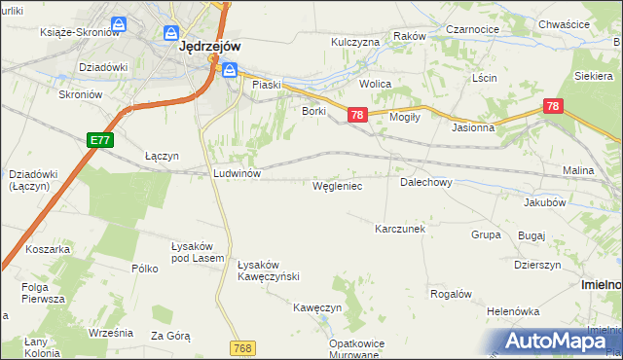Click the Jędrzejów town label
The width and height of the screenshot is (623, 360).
[210, 45]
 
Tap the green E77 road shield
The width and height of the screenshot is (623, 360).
[99, 140]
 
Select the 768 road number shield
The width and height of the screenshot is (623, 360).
[244, 347]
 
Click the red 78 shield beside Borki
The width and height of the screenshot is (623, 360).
[357, 116]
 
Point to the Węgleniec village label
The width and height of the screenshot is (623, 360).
[337, 185]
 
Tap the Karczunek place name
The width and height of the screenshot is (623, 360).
[401, 229]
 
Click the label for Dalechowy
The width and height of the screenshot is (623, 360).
[425, 182]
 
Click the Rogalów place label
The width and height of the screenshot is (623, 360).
[451, 294]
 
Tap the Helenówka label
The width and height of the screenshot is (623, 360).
[514, 311]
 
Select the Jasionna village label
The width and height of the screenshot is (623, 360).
[473, 127]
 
